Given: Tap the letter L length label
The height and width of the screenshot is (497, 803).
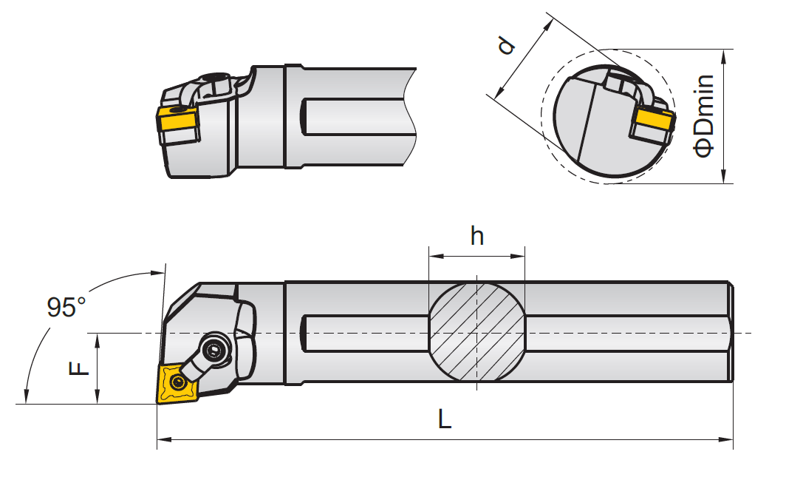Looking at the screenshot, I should [444, 420].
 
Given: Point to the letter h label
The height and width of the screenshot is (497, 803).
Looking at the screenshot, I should [477, 236].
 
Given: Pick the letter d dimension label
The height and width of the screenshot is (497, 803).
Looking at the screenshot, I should [506, 46].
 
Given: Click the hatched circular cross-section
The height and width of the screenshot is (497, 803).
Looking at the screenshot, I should [477, 332].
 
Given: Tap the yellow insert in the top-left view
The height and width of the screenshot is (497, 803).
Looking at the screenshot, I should [177, 122].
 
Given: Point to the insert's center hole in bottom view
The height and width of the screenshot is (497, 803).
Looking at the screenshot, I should [177, 382].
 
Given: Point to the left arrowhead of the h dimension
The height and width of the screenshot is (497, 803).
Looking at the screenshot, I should [433, 257].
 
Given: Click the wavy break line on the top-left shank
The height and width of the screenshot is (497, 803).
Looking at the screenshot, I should [411, 118].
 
